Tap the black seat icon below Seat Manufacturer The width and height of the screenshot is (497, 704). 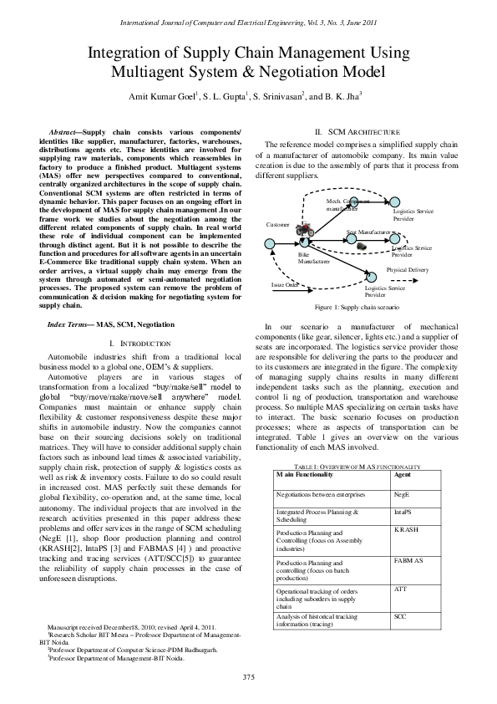pyautogui.click(x=361, y=245)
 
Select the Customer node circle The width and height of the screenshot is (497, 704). pyautogui.click(x=270, y=243)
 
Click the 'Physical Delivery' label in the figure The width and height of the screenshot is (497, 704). pyautogui.click(x=407, y=270)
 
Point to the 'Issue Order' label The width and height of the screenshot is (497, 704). pyautogui.click(x=285, y=285)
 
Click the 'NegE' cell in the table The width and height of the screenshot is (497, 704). pyautogui.click(x=401, y=494)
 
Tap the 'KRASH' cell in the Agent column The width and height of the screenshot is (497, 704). pyautogui.click(x=404, y=531)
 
